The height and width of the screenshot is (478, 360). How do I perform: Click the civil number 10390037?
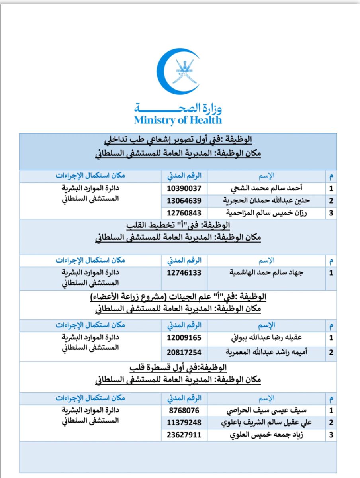(184, 188)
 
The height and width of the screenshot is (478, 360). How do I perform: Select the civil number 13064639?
(184, 200)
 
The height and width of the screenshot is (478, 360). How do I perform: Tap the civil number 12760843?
(184, 213)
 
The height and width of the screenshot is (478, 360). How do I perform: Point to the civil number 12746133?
(184, 273)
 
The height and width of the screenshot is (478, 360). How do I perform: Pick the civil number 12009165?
(184, 338)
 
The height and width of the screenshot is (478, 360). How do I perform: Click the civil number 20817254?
(184, 352)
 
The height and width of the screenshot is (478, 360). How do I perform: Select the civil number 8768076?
(184, 410)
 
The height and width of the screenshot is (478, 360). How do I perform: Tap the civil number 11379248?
(184, 422)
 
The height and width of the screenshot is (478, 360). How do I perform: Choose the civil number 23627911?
(184, 435)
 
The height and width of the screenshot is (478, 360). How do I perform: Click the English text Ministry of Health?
(178, 120)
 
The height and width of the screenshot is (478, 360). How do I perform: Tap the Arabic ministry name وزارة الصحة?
(178, 107)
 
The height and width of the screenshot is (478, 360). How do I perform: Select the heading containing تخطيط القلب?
(178, 225)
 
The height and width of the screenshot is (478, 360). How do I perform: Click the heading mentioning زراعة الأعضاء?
(178, 296)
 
